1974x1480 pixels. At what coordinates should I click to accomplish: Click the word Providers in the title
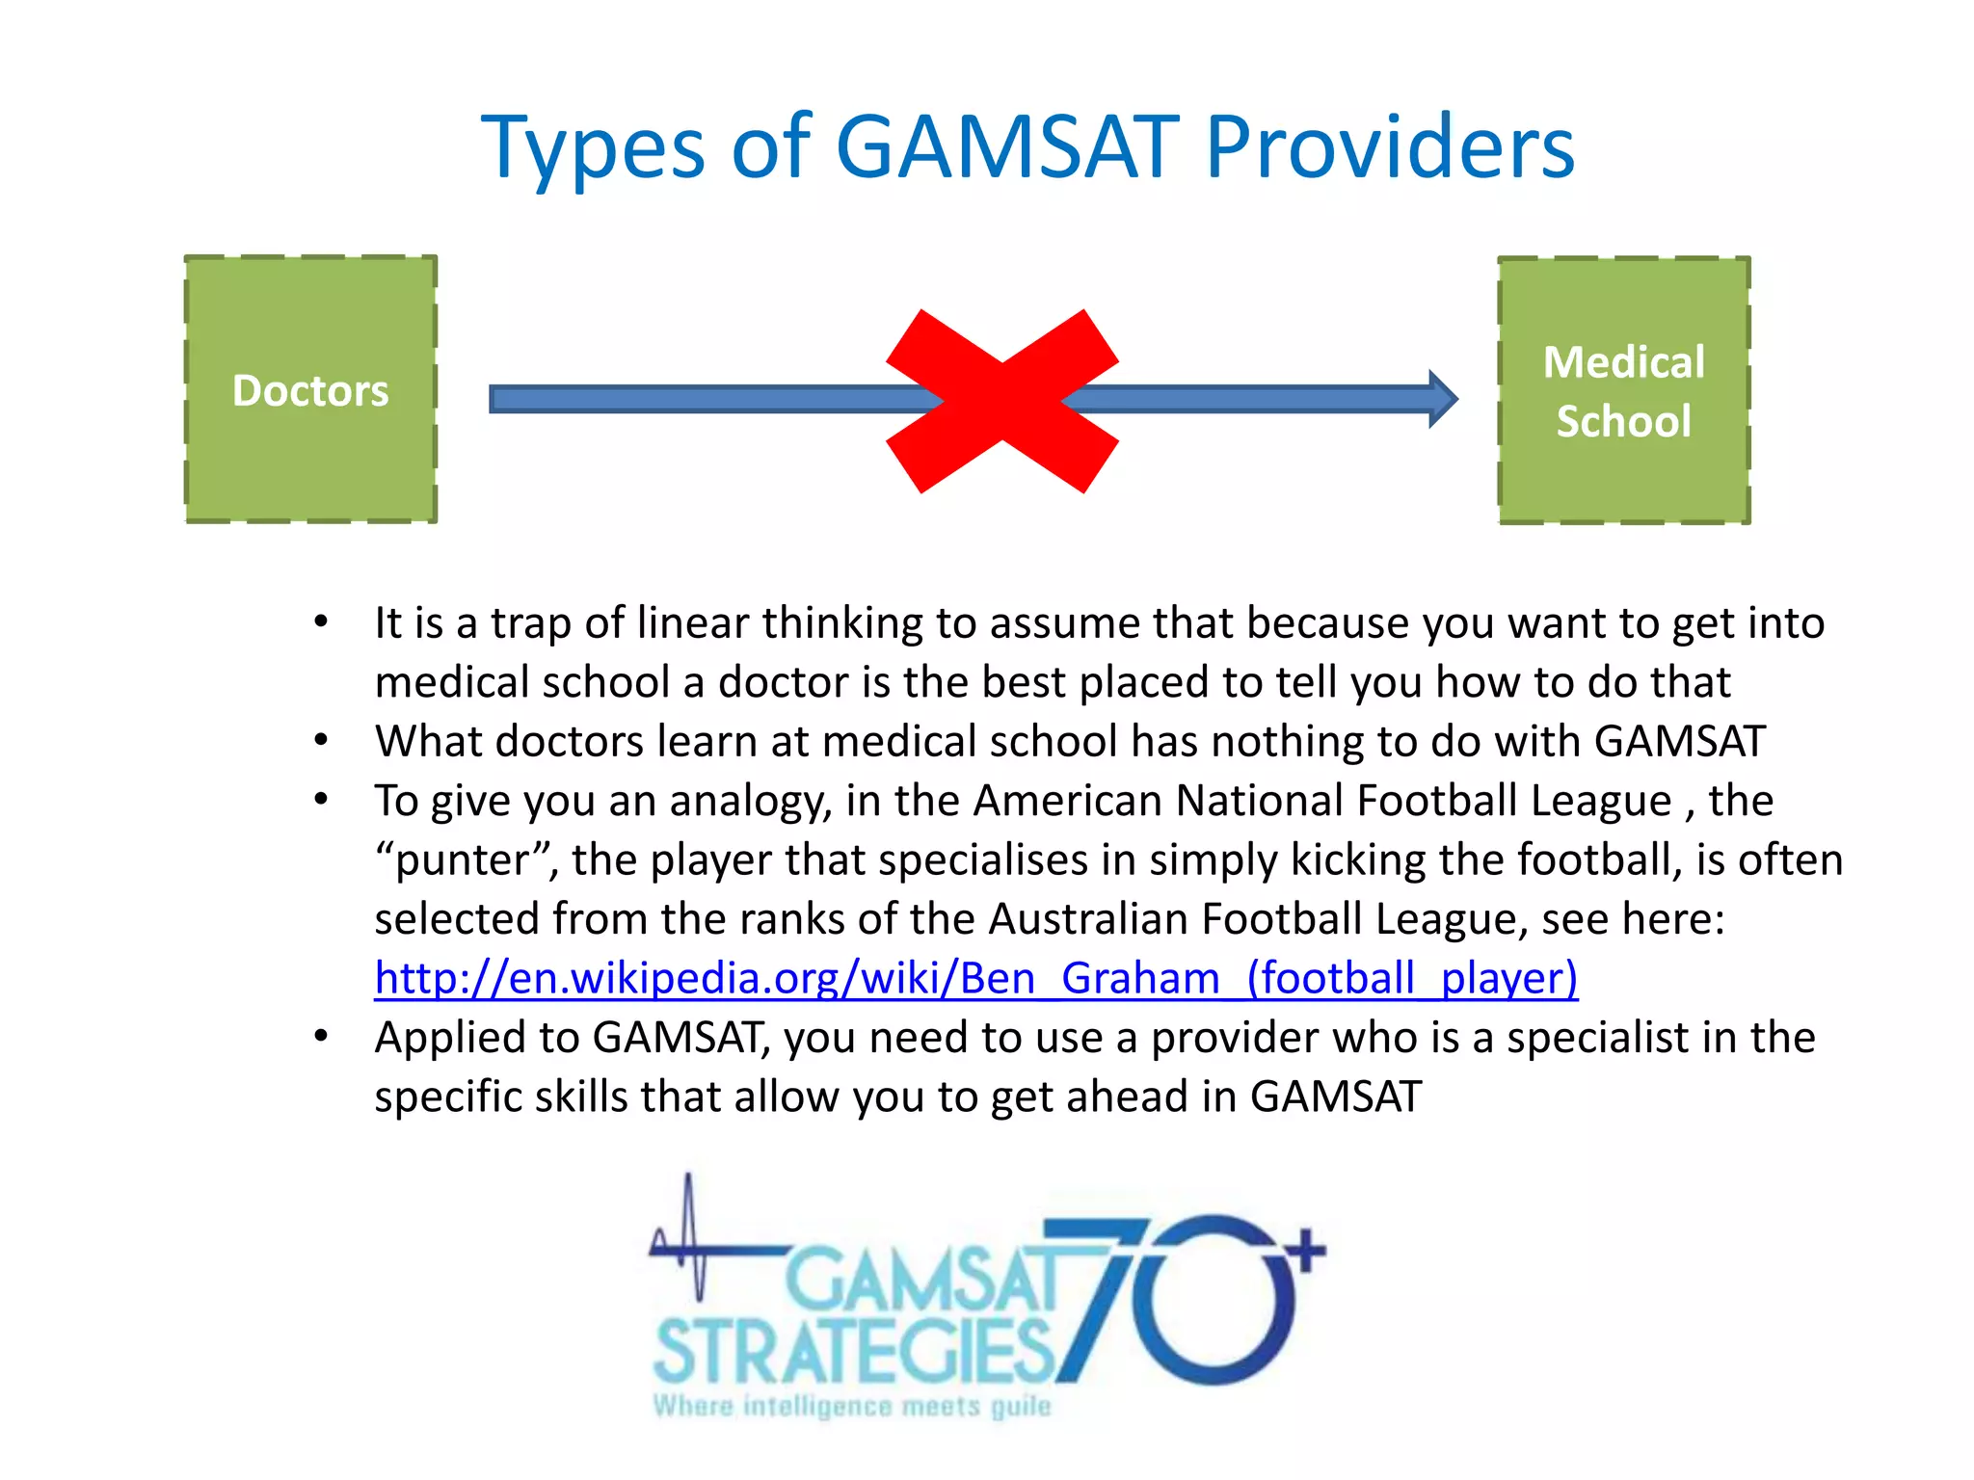click(x=1389, y=147)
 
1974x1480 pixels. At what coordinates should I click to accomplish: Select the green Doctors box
click(x=310, y=390)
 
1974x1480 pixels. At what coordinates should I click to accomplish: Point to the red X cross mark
click(x=1002, y=401)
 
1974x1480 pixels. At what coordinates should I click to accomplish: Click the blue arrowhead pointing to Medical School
click(x=1442, y=399)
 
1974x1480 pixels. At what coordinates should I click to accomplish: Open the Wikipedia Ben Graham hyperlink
click(x=975, y=978)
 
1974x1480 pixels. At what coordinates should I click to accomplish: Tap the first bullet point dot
click(x=322, y=622)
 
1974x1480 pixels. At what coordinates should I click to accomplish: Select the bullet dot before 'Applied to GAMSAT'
click(x=322, y=1037)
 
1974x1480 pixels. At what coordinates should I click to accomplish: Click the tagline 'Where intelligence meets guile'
click(x=852, y=1407)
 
